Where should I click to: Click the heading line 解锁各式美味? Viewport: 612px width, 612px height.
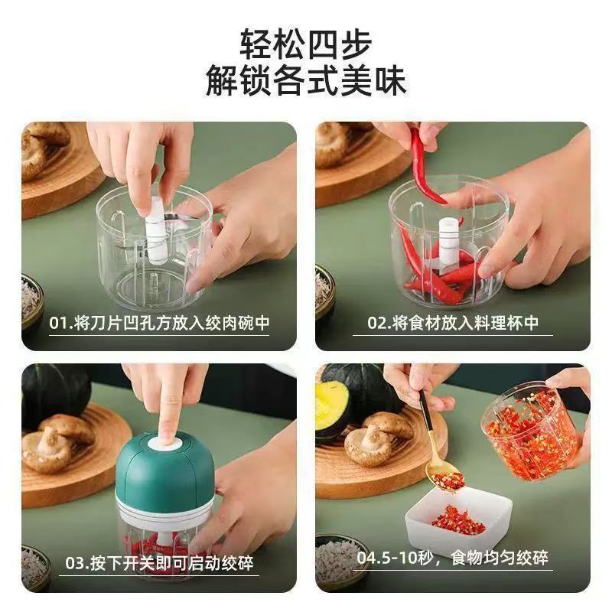[x=305, y=82]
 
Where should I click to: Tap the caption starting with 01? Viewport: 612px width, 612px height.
[x=159, y=323]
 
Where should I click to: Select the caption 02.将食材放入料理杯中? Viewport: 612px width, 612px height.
[x=452, y=323]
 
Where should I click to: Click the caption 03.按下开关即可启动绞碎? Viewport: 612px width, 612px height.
[x=159, y=565]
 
